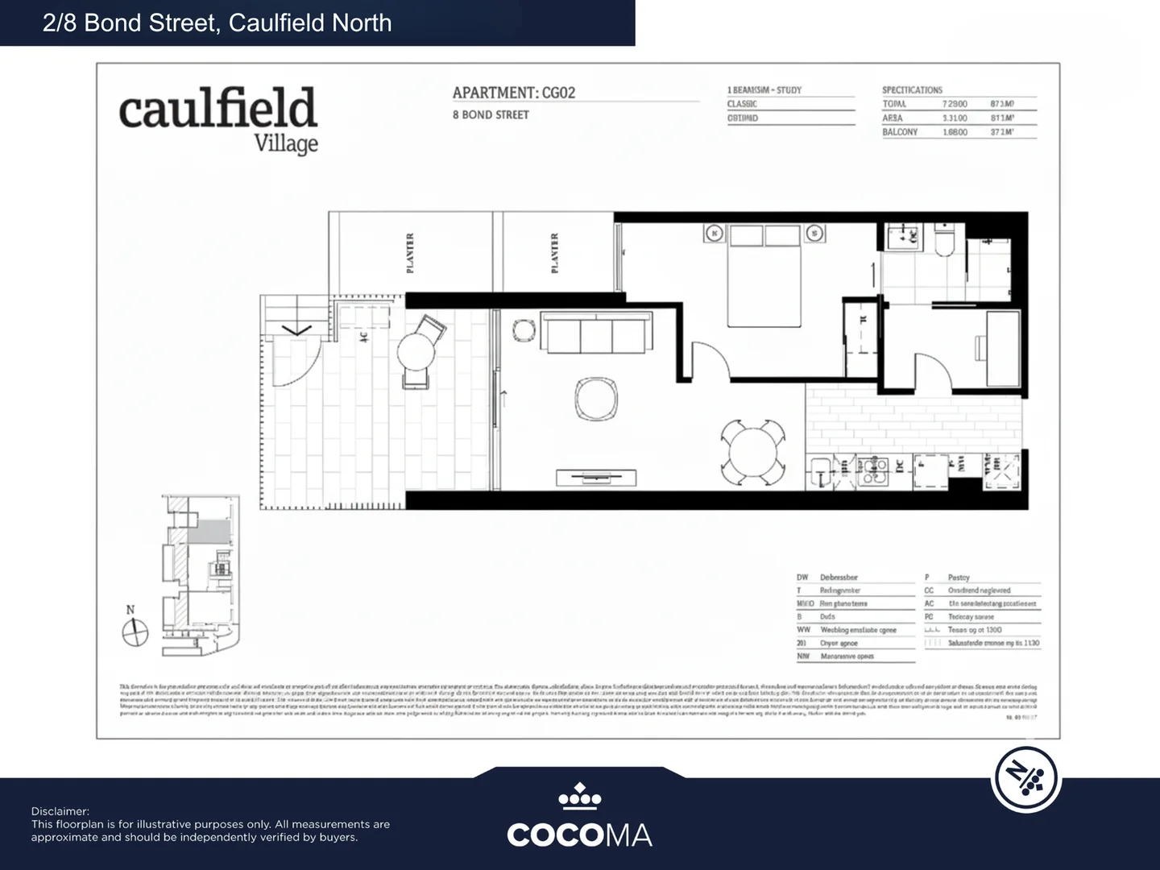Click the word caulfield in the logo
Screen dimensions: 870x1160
pos(217,110)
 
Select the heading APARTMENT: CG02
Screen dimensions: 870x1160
pos(514,93)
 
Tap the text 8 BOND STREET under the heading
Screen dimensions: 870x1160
pos(491,115)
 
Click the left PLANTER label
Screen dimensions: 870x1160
pos(410,253)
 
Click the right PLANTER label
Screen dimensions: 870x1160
pos(554,253)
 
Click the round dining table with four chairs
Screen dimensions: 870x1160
pos(752,452)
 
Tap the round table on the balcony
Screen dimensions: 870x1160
pos(416,351)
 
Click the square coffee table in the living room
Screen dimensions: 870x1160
pos(596,399)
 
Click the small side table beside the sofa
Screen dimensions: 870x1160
pos(524,331)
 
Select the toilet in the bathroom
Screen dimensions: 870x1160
pos(944,242)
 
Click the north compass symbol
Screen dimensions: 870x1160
pos(135,632)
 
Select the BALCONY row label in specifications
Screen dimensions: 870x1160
pos(900,132)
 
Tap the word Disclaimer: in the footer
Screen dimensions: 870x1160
pos(60,811)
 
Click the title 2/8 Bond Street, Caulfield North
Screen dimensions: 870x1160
pos(217,23)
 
